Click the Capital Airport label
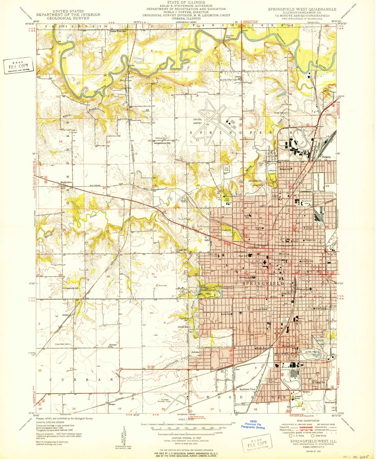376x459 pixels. [x=197, y=121]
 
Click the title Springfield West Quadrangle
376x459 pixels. [x=302, y=9]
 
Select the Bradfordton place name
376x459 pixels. [x=66, y=182]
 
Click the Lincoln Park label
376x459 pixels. [x=272, y=172]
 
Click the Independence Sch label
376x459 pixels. [x=162, y=143]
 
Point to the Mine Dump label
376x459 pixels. [x=161, y=285]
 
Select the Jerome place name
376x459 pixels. [x=195, y=352]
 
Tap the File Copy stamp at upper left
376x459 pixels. [x=18, y=67]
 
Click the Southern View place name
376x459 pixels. [x=247, y=390]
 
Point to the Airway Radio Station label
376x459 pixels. [x=62, y=344]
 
